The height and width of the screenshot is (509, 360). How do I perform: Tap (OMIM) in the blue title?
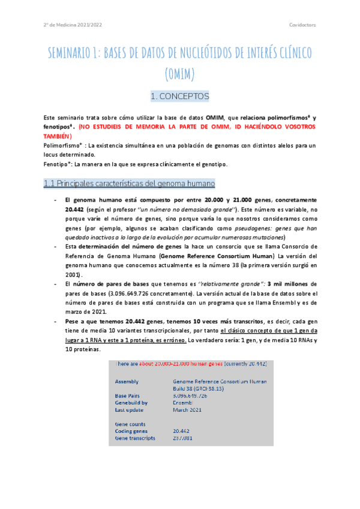pos(180,74)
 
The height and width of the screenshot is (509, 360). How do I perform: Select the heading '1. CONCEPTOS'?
pos(180,96)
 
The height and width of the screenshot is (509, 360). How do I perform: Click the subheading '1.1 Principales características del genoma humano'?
pos(130,182)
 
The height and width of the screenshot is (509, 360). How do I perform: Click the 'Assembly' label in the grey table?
pos(127,381)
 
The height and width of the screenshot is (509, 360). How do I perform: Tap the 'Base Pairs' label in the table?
pos(128,396)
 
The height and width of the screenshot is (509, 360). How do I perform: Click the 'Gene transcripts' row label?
pos(135,438)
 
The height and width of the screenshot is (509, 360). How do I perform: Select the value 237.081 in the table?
pos(182,438)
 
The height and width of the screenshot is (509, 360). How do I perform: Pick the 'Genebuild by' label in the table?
pos(132,403)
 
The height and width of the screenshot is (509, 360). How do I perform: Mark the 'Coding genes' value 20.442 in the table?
pos(181,431)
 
